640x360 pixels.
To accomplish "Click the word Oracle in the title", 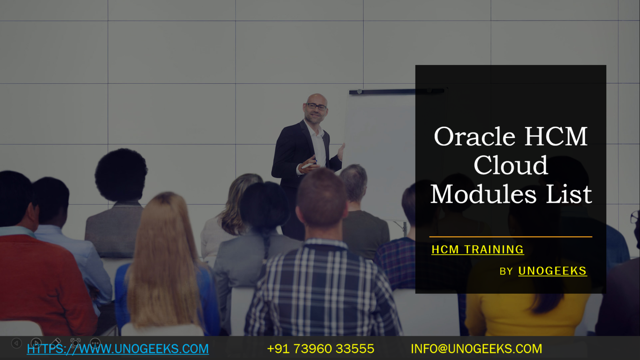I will click(475, 137).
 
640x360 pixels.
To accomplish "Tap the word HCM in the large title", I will click(556, 137).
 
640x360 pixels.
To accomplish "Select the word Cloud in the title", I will click(510, 165).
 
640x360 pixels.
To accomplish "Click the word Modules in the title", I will click(483, 194).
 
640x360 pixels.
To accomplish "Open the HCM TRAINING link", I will click(477, 250).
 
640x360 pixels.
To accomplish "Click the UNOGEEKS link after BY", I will click(552, 271).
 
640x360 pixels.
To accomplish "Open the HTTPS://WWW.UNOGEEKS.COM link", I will click(118, 349).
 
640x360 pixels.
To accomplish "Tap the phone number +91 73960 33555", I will click(320, 349).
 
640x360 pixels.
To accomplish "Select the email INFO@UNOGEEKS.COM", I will click(476, 349).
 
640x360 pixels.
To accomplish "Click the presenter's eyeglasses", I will click(316, 107).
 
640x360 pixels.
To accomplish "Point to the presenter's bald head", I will click(317, 99).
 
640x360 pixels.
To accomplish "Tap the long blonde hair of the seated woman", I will click(165, 258).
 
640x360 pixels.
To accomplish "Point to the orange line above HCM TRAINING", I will click(510, 237).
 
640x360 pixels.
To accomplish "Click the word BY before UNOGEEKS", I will click(506, 272).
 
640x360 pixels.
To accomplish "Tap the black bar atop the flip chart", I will click(396, 91).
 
